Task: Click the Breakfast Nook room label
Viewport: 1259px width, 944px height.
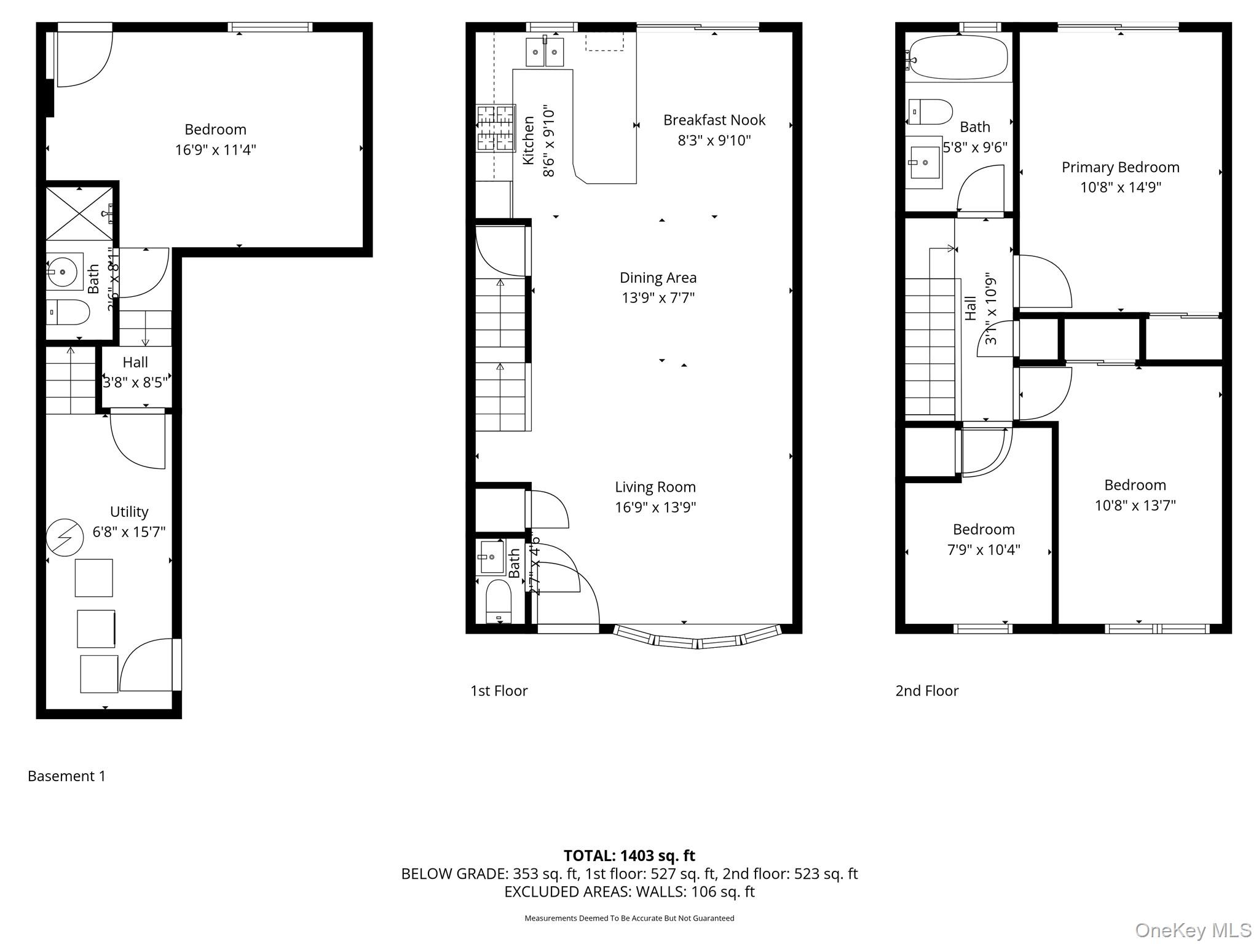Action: tap(714, 120)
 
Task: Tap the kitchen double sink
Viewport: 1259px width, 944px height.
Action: tap(545, 53)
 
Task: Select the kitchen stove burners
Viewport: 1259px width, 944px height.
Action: tap(495, 128)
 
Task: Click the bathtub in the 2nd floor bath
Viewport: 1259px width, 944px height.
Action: tap(958, 58)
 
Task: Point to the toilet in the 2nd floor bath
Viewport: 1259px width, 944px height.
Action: tap(929, 112)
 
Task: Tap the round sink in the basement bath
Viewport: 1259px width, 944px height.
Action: tap(64, 271)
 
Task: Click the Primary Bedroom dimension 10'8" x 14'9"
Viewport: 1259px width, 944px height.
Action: tap(1120, 187)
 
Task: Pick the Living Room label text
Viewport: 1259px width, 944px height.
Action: tap(655, 487)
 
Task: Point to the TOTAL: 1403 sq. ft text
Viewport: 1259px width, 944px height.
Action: tap(629, 855)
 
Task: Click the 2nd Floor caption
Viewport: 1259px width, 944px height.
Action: tap(926, 691)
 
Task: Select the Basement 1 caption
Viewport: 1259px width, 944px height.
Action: tap(66, 776)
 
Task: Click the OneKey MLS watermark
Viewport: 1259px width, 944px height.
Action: tap(1193, 930)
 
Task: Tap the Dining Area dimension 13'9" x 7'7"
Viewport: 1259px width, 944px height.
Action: tap(658, 298)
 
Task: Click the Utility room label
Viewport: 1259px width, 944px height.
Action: tap(129, 511)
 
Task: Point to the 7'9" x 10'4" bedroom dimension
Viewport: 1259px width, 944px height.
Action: tap(984, 549)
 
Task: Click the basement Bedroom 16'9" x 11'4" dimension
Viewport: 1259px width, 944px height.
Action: tap(215, 150)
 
